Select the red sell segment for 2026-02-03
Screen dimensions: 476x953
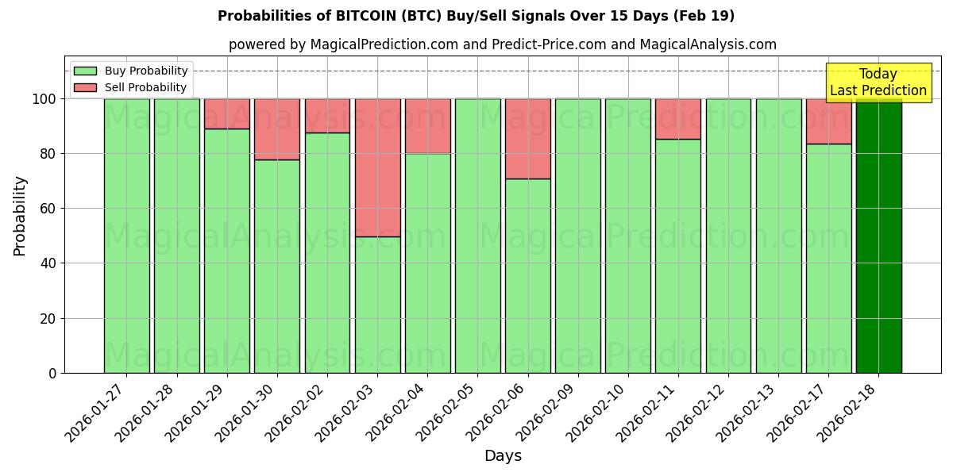(x=377, y=167)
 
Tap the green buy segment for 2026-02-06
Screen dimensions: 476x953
(x=528, y=275)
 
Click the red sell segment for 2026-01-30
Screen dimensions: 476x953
(x=277, y=129)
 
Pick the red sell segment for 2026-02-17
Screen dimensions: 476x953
(x=828, y=121)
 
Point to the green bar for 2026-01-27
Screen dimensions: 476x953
(x=126, y=236)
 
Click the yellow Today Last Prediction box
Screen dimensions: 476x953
(x=878, y=83)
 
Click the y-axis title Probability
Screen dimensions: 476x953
(x=20, y=216)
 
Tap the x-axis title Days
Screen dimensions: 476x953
(x=503, y=456)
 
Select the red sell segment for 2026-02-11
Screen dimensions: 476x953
(x=678, y=119)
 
